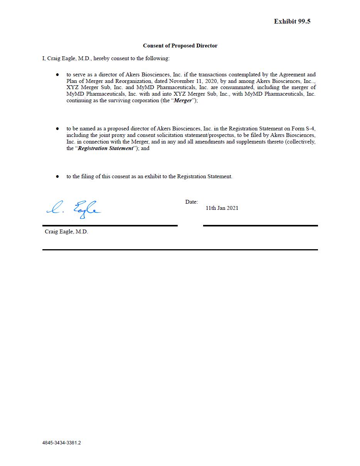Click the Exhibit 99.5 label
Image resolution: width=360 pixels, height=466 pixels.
tap(292, 22)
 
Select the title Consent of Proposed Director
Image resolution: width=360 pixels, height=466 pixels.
tap(180, 46)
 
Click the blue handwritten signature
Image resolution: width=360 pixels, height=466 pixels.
tap(74, 209)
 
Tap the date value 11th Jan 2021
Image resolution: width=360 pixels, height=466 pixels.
tap(222, 208)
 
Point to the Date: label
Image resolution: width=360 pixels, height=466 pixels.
tap(191, 202)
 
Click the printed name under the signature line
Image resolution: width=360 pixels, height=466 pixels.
tap(66, 232)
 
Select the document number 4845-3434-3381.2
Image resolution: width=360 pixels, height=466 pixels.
tap(62, 443)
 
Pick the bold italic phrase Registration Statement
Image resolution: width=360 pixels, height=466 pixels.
tap(105, 148)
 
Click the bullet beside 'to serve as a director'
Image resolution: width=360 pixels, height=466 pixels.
tap(57, 74)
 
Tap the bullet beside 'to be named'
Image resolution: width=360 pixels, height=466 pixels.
tap(57, 128)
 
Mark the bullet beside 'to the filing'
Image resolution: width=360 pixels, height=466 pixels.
tap(57, 176)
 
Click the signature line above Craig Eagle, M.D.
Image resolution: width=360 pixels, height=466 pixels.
tap(110, 225)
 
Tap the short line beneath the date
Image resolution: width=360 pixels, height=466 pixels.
tap(260, 225)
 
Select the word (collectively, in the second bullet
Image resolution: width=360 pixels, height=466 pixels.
tap(300, 142)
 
